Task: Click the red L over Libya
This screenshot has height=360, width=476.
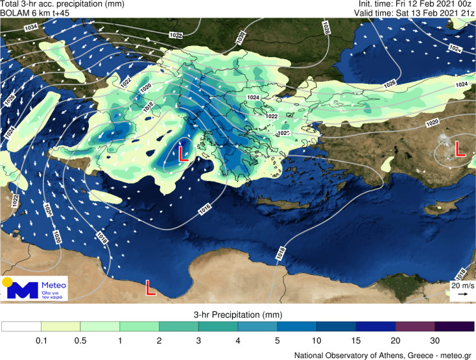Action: pos(150,287)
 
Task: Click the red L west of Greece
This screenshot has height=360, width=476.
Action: pos(183,154)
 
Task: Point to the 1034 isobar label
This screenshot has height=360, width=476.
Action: pos(31,27)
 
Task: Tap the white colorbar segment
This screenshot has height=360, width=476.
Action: pos(21,327)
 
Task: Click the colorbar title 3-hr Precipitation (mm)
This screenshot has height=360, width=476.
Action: pos(237,315)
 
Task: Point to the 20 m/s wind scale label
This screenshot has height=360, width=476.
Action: pos(460,285)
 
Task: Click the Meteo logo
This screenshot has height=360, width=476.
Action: pos(36,289)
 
